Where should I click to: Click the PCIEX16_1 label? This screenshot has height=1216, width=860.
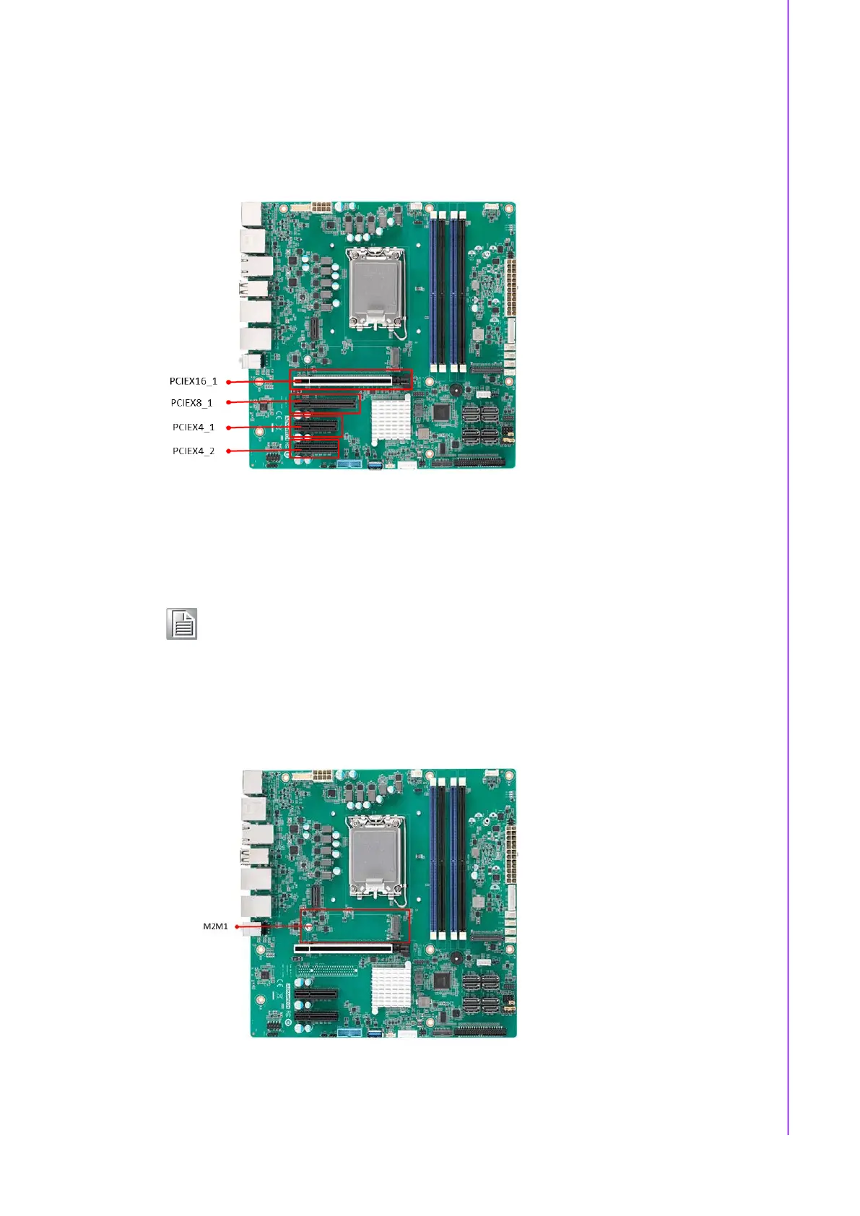(x=193, y=381)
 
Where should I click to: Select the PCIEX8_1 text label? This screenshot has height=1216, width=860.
(x=191, y=403)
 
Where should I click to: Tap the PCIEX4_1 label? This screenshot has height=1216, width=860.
(x=193, y=427)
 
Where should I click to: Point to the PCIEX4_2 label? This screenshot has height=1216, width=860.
(x=193, y=451)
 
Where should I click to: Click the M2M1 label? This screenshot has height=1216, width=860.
(x=215, y=926)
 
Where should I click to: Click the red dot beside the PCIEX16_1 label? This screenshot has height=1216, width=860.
(x=228, y=382)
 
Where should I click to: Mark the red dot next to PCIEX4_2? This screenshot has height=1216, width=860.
(x=228, y=451)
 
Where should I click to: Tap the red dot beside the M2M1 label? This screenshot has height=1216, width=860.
(x=237, y=926)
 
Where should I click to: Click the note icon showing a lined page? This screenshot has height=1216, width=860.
(x=182, y=624)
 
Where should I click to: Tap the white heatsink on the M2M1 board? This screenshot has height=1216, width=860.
(x=391, y=986)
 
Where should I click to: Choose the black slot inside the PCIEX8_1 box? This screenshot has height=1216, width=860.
(x=326, y=403)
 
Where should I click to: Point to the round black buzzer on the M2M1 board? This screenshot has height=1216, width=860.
(x=456, y=957)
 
